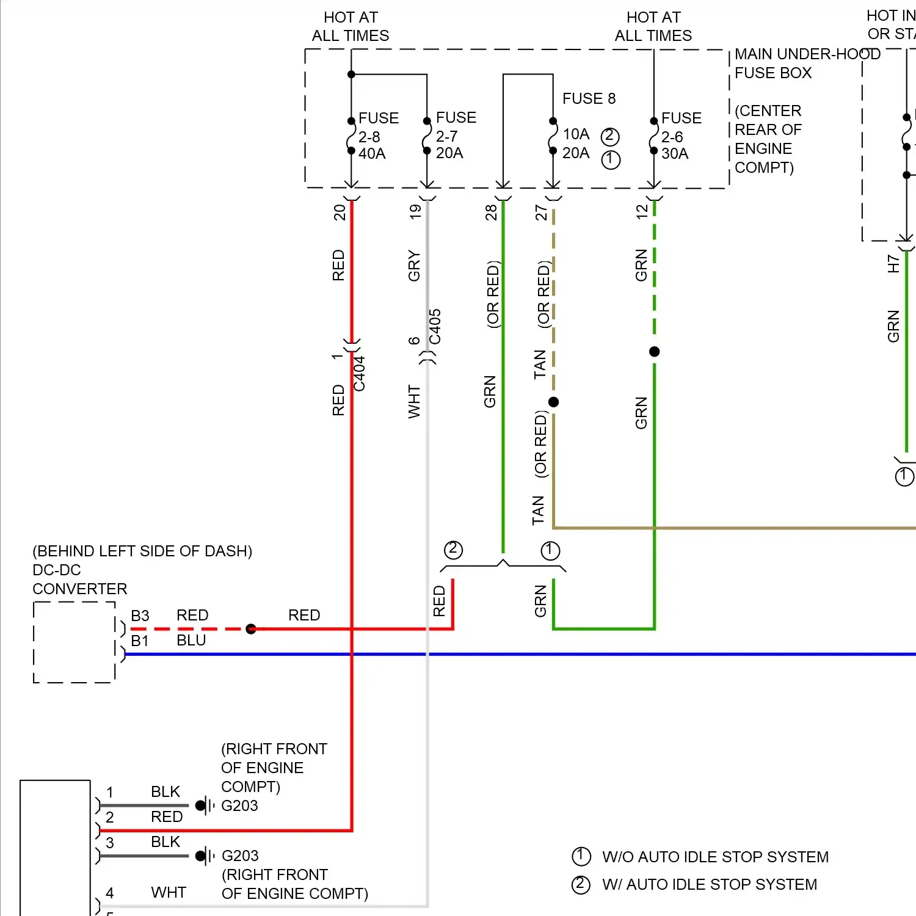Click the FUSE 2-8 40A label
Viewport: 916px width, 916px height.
click(378, 136)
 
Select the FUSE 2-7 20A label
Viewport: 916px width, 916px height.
click(456, 135)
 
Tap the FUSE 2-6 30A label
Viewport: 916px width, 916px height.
click(681, 136)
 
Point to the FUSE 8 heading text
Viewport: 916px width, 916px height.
click(589, 98)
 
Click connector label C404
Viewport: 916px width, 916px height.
click(360, 374)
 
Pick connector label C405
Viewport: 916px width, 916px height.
click(435, 327)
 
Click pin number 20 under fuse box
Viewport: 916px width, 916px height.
click(340, 212)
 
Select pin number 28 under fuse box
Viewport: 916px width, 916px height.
click(491, 212)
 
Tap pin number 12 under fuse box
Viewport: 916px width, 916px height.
click(641, 212)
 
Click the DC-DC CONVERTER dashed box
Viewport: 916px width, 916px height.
click(74, 642)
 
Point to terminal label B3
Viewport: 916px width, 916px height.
click(140, 616)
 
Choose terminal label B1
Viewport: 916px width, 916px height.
click(140, 641)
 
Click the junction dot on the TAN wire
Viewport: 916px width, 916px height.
click(553, 402)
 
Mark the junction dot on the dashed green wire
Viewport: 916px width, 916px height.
click(654, 352)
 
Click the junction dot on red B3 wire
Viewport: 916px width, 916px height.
click(250, 628)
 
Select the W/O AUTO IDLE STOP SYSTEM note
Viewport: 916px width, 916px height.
click(714, 857)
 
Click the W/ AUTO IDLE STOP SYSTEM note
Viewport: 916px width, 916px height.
click(709, 884)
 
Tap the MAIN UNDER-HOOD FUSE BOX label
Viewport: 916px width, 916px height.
click(806, 64)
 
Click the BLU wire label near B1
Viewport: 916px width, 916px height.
click(191, 640)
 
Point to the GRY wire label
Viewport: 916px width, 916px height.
click(414, 266)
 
